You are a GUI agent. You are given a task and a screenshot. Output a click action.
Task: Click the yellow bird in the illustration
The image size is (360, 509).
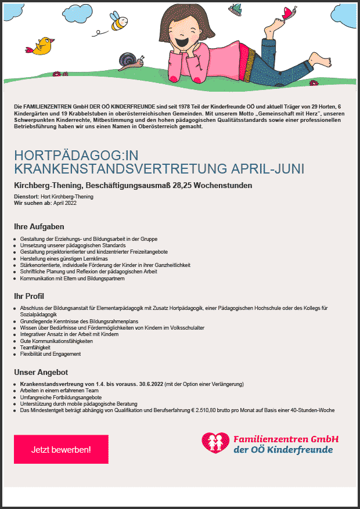click(x=42, y=46)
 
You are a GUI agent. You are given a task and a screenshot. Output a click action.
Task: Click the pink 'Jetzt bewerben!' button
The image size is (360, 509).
click(x=61, y=449)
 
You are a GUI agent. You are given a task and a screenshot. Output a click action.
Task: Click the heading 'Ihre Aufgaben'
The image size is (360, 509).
click(x=39, y=226)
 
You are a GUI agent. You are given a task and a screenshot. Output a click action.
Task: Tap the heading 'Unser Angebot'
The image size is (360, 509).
click(x=41, y=372)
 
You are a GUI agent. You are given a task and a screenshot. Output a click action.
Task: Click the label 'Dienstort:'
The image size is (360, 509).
click(x=26, y=197)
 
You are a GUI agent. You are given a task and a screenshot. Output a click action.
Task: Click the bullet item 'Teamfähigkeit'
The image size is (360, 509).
click(x=39, y=348)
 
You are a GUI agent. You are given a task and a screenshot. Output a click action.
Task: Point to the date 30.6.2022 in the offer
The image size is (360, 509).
click(x=192, y=384)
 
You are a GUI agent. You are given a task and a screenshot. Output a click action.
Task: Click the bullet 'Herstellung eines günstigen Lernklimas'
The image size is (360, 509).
click(x=64, y=259)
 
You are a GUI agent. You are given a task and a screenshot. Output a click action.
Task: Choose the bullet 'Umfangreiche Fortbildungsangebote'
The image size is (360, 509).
click(x=61, y=398)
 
